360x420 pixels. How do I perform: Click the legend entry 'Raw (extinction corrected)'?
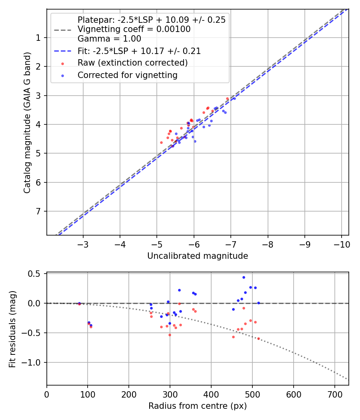coord(132,63)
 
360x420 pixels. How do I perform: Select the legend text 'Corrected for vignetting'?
coord(127,75)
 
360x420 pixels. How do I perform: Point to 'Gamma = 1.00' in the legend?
coord(109,39)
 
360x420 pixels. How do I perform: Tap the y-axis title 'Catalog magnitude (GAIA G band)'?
coord(27,122)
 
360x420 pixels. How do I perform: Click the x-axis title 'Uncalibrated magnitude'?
coord(198,256)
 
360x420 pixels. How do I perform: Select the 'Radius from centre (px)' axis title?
coord(198,406)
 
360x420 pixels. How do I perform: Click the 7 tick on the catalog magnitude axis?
coord(38,211)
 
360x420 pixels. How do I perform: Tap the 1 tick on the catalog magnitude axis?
coord(38,38)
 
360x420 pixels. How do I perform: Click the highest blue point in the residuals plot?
coord(244,277)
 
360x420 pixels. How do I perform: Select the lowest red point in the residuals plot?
coord(258,338)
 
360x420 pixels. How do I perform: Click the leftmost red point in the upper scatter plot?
coord(162,142)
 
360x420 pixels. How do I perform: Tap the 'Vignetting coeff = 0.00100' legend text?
coord(134,29)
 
